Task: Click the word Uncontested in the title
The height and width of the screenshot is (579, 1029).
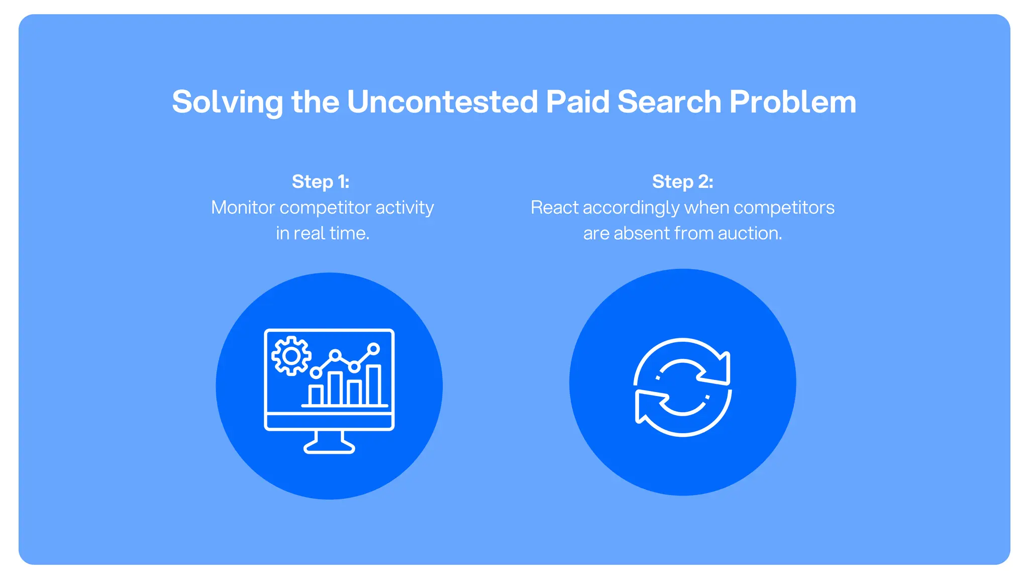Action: tap(442, 102)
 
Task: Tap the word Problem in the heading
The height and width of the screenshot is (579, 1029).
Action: tap(792, 102)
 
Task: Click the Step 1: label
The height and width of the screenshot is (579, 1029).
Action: tap(321, 181)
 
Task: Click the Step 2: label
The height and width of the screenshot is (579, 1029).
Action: tap(682, 181)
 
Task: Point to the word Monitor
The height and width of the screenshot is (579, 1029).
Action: tap(243, 208)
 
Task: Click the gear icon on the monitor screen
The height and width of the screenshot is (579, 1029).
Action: tap(291, 356)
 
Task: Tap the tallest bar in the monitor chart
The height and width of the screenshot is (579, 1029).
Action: tap(373, 385)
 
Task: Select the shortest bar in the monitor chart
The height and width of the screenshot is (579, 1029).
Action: tap(316, 395)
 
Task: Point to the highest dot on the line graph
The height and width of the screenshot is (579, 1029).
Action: tap(373, 349)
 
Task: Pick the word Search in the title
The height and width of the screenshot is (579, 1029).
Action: tap(670, 102)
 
